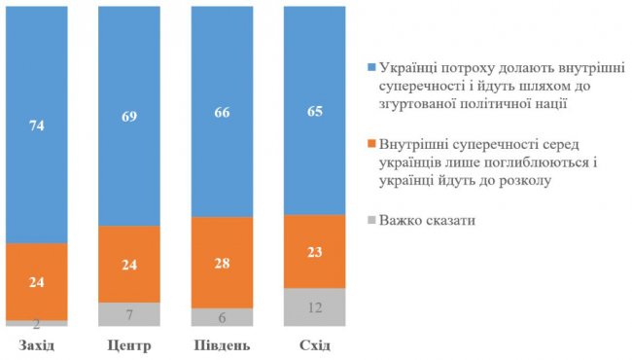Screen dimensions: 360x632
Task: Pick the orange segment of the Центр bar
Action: click(x=129, y=264)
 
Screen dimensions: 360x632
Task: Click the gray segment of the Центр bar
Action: click(x=129, y=313)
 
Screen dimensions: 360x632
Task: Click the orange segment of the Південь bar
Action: click(x=222, y=262)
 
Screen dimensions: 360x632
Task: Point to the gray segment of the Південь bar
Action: click(x=222, y=316)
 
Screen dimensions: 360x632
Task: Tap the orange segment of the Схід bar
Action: click(x=314, y=251)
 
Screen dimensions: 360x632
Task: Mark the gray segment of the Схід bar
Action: click(x=314, y=306)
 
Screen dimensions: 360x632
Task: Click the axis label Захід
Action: click(x=37, y=345)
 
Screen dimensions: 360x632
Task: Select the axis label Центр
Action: click(x=129, y=345)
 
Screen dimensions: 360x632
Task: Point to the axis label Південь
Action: click(x=222, y=345)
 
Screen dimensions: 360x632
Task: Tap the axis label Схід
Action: click(x=314, y=345)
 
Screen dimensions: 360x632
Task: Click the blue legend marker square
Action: click(x=372, y=70)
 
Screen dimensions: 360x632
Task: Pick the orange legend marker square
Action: click(x=372, y=146)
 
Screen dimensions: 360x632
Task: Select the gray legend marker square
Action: click(x=372, y=221)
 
